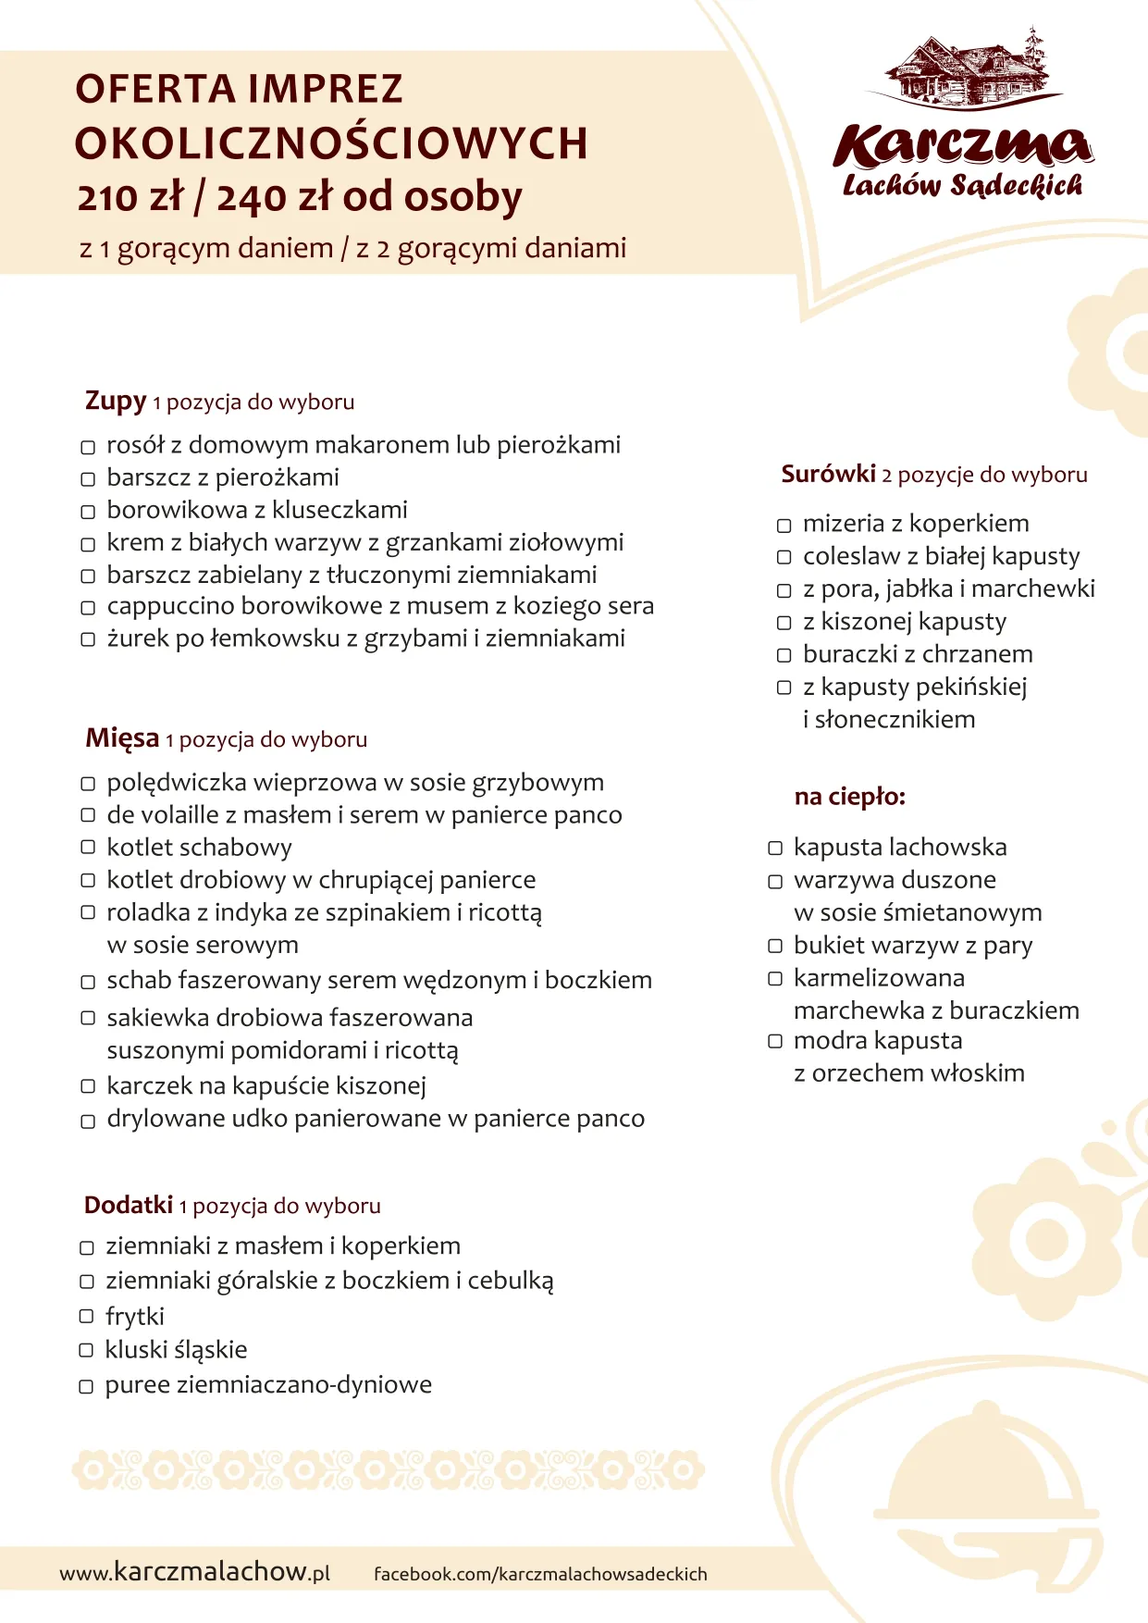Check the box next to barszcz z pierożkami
pyautogui.click(x=88, y=479)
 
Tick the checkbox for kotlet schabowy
pyautogui.click(x=88, y=848)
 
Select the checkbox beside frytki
pyautogui.click(x=86, y=1317)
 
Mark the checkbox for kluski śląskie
pyautogui.click(x=86, y=1351)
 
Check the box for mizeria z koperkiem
pyautogui.click(x=784, y=526)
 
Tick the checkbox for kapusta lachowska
pyautogui.click(x=775, y=849)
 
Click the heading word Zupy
pyautogui.click(x=116, y=402)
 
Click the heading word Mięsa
pyautogui.click(x=122, y=738)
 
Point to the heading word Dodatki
pyautogui.click(x=129, y=1205)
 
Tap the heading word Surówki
pyautogui.click(x=828, y=475)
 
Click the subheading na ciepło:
pyautogui.click(x=849, y=797)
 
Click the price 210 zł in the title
pyautogui.click(x=130, y=197)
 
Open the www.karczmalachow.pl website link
pyautogui.click(x=194, y=1572)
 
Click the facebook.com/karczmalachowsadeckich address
pyautogui.click(x=540, y=1574)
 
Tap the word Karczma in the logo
pyautogui.click(x=962, y=146)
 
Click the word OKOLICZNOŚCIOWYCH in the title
pyautogui.click(x=331, y=143)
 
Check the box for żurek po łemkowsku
pyautogui.click(x=88, y=639)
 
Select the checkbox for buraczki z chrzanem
pyautogui.click(x=784, y=655)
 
